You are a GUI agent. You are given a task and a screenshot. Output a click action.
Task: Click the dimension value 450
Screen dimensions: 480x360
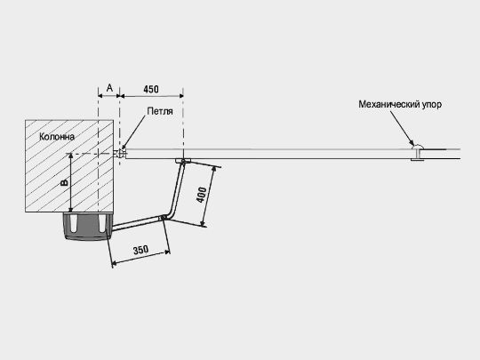point(151,89)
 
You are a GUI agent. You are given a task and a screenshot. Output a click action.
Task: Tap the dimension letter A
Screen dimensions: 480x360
point(109,88)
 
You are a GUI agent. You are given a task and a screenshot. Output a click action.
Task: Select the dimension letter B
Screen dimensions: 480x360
point(65,183)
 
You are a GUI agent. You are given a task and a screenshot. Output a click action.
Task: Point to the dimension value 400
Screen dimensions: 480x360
point(201,195)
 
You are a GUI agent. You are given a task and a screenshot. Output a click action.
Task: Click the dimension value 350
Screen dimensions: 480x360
point(140,250)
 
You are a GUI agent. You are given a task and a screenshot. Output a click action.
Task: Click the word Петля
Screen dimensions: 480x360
point(160,111)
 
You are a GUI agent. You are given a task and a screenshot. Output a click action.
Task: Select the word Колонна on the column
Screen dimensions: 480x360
point(57,137)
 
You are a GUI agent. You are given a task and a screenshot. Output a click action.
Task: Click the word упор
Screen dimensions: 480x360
point(432,105)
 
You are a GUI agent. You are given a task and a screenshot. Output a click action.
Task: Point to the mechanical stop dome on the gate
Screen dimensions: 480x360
point(418,147)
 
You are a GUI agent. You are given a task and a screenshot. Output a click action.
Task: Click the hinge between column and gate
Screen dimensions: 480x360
point(120,154)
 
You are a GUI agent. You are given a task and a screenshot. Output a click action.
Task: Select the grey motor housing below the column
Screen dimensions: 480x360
point(88,227)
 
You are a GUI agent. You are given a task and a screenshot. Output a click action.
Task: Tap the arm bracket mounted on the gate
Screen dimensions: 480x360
point(183,160)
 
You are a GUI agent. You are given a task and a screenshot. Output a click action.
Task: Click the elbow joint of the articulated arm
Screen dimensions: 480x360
point(164,218)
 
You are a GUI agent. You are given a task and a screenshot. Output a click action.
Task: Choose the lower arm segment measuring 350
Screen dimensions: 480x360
point(137,222)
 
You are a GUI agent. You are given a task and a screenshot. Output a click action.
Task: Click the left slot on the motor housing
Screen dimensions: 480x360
point(74,224)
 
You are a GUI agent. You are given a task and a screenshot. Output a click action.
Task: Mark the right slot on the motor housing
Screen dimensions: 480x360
point(102,223)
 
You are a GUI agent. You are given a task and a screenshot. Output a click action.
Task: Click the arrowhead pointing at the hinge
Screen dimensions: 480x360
point(124,147)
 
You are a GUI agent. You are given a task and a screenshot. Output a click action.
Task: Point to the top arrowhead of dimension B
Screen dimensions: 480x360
point(70,156)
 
